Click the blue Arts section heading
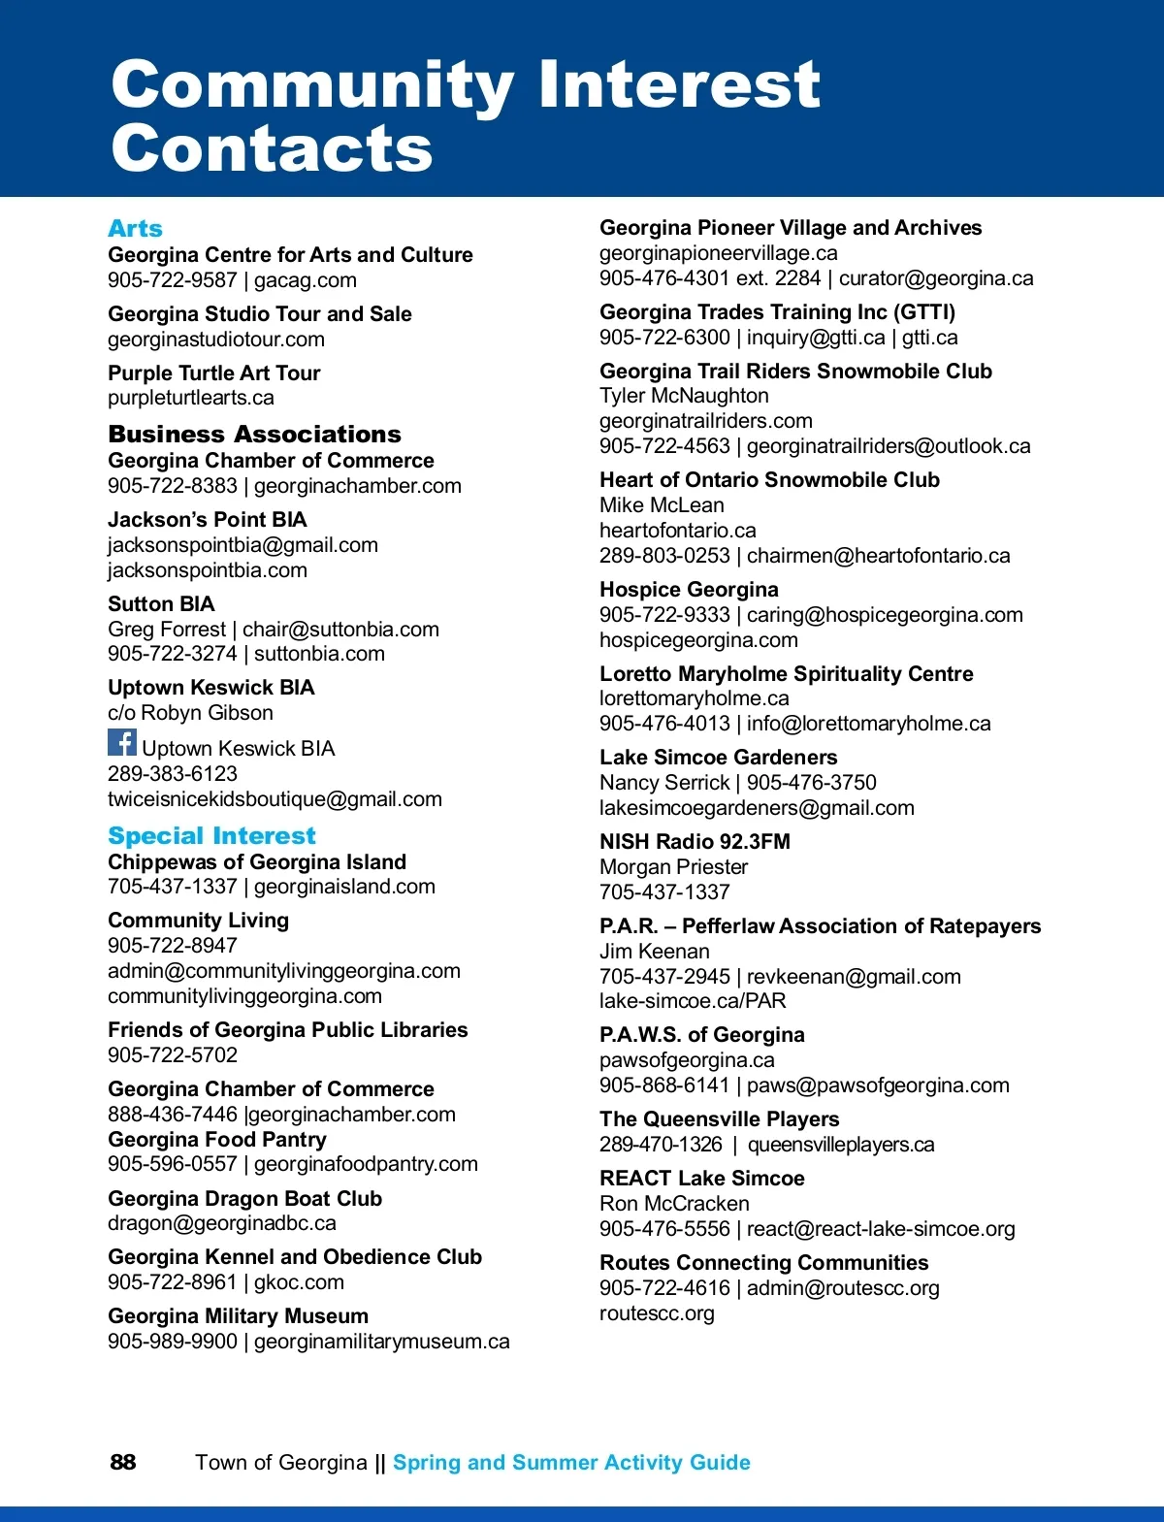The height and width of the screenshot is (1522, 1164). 135,229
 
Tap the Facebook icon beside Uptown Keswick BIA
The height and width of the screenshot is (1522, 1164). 122,743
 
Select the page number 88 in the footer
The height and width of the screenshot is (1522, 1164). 123,1463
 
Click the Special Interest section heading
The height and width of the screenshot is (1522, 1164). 211,836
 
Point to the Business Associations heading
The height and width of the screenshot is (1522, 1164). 254,435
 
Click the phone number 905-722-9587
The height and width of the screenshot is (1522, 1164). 173,280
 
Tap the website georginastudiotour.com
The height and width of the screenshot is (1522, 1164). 216,340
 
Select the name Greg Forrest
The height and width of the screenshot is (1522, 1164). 166,630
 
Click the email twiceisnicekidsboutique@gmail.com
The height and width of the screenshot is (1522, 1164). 275,799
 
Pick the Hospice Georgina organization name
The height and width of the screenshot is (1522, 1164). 689,590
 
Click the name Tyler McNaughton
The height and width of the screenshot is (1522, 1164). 684,396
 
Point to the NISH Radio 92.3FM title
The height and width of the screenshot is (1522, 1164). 695,842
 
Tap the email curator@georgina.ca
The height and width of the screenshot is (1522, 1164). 936,278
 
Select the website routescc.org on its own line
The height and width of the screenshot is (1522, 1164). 657,1313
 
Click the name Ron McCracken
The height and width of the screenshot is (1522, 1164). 674,1204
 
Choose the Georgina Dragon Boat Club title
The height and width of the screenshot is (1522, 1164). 244,1199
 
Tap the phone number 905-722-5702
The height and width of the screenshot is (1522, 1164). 173,1055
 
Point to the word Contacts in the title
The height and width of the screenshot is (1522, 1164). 272,148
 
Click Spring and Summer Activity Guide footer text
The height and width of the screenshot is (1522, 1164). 571,1463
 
